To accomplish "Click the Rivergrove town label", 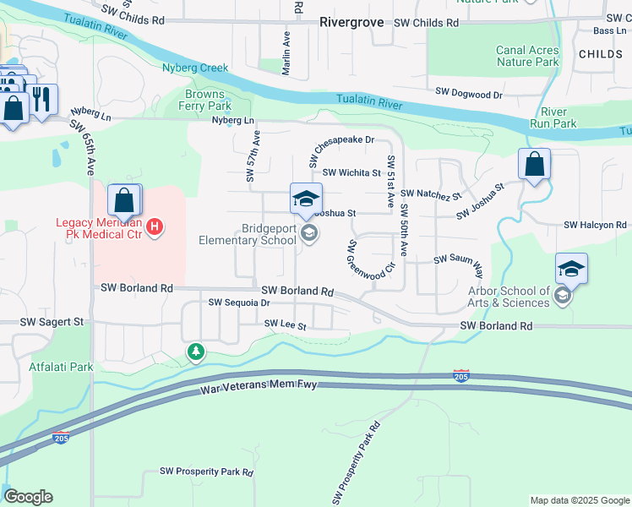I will tap(352, 23).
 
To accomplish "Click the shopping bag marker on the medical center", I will tap(124, 201).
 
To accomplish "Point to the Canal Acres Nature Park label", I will tap(527, 56).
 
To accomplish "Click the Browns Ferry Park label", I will tap(205, 101).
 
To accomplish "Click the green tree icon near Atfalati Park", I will tap(196, 351).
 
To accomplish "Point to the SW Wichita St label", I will tap(351, 172).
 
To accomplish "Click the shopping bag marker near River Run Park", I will tap(534, 165).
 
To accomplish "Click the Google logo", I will tap(28, 497).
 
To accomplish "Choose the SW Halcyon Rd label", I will tap(596, 226).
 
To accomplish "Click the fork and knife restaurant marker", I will tap(42, 100).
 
